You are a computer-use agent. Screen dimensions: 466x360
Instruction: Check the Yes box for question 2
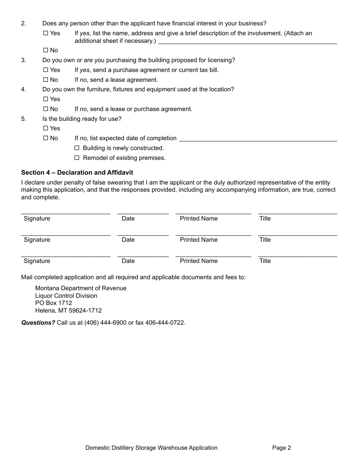[46, 33]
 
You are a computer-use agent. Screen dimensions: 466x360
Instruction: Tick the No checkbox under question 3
[46, 80]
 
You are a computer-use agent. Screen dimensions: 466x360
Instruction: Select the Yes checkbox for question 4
[46, 99]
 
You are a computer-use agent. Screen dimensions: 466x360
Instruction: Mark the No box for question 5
[46, 138]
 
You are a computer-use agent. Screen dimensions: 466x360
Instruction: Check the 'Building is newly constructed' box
[77, 148]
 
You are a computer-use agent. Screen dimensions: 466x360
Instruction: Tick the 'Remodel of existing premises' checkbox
[77, 158]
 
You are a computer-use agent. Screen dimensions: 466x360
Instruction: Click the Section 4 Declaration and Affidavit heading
[77, 172]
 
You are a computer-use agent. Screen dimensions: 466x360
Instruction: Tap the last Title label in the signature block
[265, 261]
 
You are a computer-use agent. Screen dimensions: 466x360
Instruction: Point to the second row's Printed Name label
[199, 240]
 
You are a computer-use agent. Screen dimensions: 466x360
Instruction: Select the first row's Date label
[128, 219]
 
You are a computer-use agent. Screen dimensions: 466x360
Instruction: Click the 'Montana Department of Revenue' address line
[81, 288]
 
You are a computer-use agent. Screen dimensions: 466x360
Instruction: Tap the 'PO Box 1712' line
[53, 303]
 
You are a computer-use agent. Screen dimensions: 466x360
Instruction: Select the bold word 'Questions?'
[38, 323]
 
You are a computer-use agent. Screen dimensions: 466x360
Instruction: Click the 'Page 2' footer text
[281, 448]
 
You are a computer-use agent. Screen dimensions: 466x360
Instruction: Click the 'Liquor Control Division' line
[66, 296]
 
